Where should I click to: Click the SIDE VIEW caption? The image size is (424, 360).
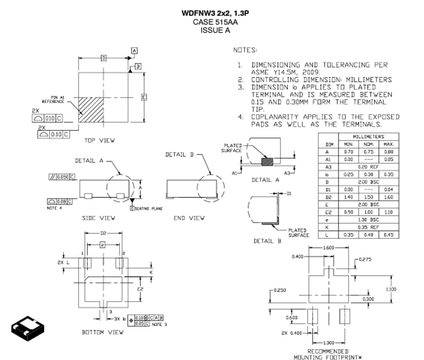click(98, 218)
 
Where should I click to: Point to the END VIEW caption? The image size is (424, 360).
click(189, 218)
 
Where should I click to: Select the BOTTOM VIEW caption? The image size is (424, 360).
click(102, 332)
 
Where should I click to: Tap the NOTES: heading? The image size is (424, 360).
click(245, 49)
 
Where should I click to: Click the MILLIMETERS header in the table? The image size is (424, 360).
click(368, 136)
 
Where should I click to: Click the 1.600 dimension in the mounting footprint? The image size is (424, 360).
click(329, 248)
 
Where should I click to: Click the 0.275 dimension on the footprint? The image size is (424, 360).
click(364, 259)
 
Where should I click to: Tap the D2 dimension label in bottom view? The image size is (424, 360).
click(103, 233)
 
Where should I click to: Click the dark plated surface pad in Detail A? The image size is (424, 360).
click(265, 161)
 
